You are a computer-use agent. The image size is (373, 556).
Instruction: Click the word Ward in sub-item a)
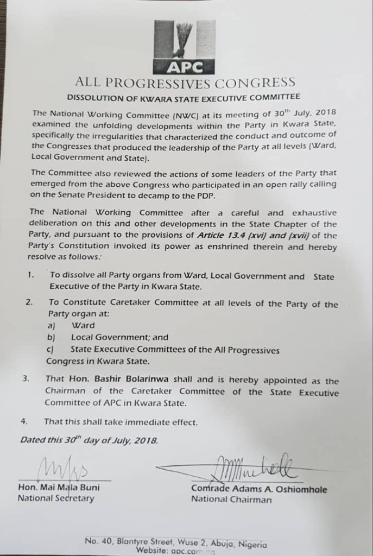point(83,326)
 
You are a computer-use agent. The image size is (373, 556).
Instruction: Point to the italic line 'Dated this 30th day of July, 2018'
point(88,440)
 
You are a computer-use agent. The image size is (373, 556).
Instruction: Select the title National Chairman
point(231,500)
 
